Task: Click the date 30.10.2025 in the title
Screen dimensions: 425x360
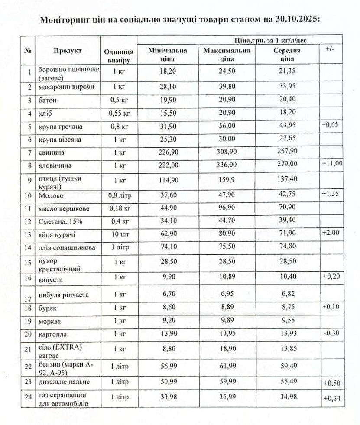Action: coord(296,20)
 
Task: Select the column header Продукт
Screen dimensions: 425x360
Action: coord(68,51)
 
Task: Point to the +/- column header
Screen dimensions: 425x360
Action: coord(330,49)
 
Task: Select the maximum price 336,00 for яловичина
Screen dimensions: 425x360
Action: coord(227,165)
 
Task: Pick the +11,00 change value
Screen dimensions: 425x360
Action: coord(332,163)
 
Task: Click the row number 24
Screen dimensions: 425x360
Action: coord(29,397)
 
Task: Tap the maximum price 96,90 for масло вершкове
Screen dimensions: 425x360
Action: coord(227,209)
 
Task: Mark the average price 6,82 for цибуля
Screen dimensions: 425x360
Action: coord(287,295)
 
